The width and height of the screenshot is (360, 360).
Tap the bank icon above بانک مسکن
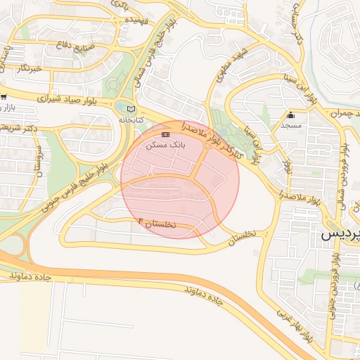click(165, 134)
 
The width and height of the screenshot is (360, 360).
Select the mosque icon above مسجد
click(290, 116)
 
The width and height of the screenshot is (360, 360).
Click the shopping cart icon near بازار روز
click(4, 97)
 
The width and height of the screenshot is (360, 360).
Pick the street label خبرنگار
click(33, 68)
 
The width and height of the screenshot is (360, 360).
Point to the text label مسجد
click(290, 125)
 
